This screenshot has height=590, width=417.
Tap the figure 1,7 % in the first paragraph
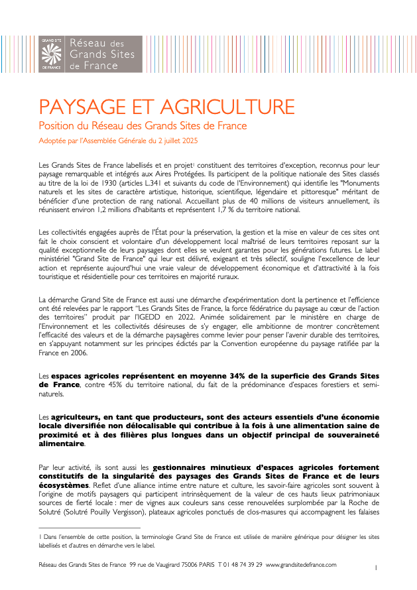[245, 209]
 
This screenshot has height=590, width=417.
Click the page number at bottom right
[376, 568]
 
